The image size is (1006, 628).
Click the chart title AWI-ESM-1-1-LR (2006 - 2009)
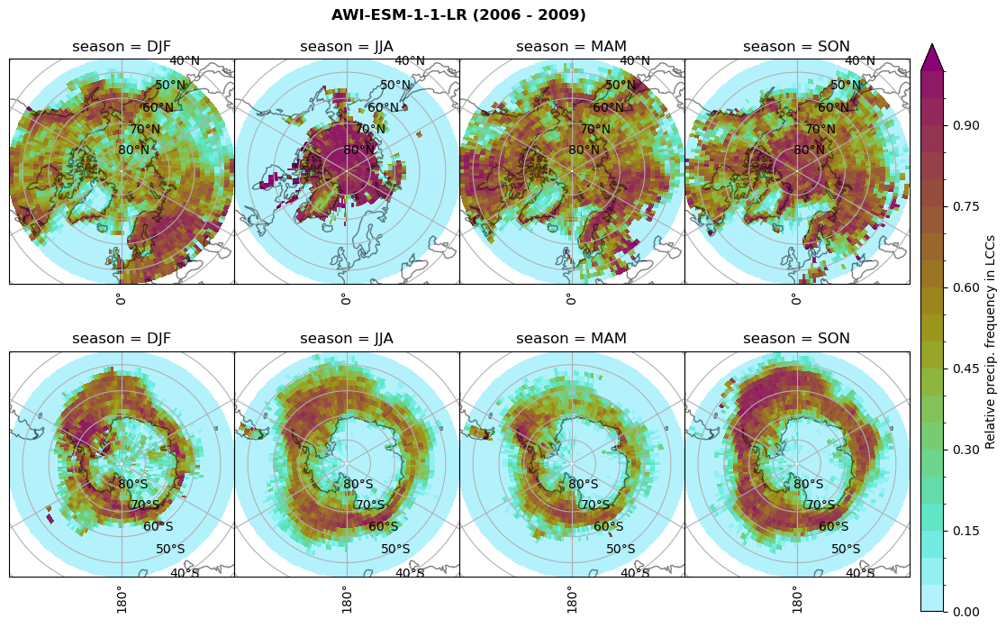pyautogui.click(x=458, y=15)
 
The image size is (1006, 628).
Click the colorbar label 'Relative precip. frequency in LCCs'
pyautogui.click(x=991, y=341)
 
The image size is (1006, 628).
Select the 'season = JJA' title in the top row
pyautogui.click(x=347, y=47)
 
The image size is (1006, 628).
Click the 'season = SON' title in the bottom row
pyautogui.click(x=796, y=339)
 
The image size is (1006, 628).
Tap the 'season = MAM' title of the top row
pyautogui.click(x=571, y=47)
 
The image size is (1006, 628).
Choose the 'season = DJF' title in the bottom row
pyautogui.click(x=122, y=339)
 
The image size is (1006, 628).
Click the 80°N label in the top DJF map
pyautogui.click(x=133, y=150)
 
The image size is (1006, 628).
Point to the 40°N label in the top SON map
pyautogui.click(x=859, y=61)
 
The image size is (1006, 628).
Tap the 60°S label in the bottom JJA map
pyautogui.click(x=384, y=527)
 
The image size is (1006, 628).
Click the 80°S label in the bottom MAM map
pyautogui.click(x=584, y=485)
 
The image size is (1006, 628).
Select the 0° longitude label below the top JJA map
pyautogui.click(x=345, y=299)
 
